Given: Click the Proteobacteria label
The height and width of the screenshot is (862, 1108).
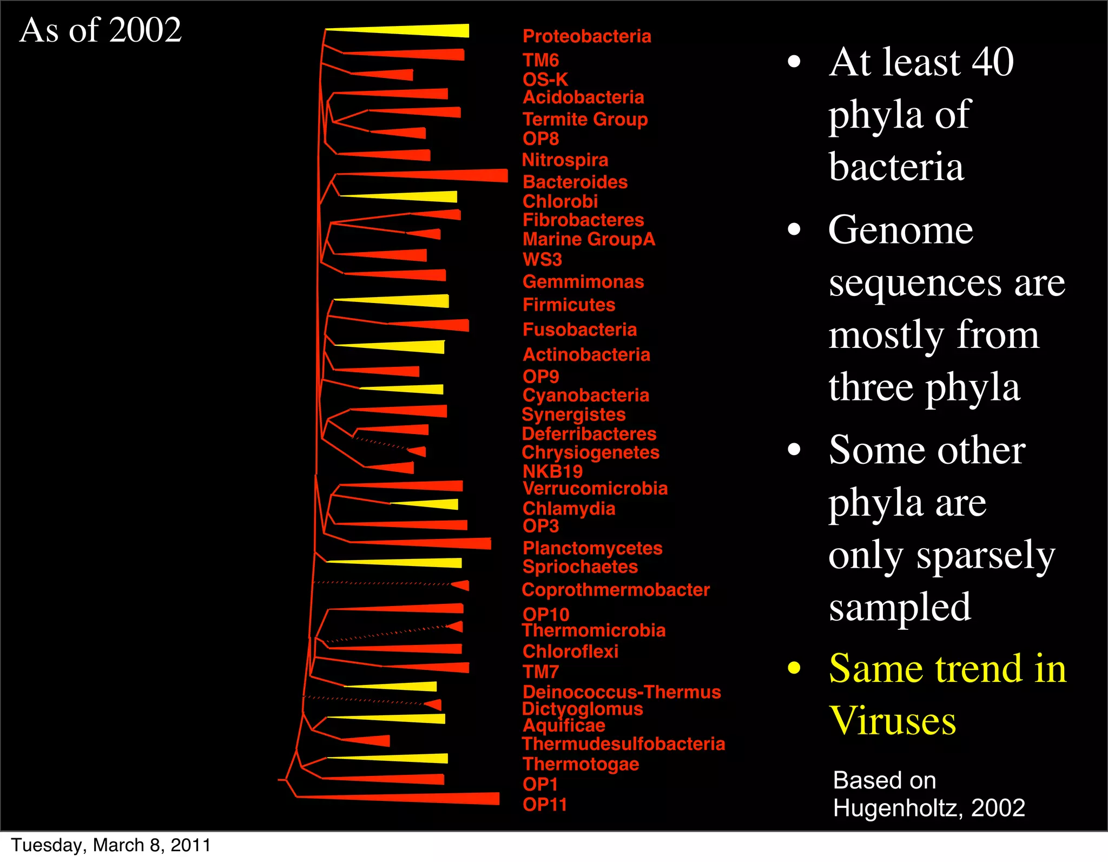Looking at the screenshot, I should click(x=586, y=36).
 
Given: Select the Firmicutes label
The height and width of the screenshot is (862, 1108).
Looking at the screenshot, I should click(x=569, y=305).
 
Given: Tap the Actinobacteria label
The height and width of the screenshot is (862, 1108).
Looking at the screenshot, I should click(x=586, y=354).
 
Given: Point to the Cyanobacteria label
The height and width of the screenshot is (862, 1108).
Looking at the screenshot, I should click(x=585, y=395).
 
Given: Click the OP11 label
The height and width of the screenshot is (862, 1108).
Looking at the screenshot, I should click(x=544, y=805).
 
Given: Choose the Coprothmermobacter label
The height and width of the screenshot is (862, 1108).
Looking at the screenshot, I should click(x=615, y=590).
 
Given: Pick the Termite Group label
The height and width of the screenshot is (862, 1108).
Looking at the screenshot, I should click(x=585, y=119).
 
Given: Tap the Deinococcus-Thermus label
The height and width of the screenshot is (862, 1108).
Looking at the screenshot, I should click(x=622, y=692).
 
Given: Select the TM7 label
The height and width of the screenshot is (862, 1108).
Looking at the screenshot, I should click(x=540, y=672).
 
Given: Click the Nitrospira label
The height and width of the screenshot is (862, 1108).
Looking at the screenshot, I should click(x=565, y=160).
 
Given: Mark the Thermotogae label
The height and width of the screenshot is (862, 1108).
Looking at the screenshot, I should click(x=581, y=764).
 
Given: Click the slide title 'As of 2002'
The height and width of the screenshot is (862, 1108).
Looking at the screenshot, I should click(x=101, y=30).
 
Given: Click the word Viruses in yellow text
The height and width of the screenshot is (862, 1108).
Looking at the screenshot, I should click(x=893, y=721).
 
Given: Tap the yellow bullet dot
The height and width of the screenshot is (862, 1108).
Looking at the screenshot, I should click(x=794, y=668).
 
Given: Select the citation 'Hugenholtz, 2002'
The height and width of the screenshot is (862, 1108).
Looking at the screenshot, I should click(x=929, y=808).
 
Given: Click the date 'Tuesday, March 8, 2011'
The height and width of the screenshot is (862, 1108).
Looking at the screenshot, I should click(x=111, y=845).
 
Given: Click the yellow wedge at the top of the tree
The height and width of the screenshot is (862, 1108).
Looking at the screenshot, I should click(x=422, y=31).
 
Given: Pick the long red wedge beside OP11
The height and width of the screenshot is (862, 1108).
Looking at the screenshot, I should click(x=422, y=798).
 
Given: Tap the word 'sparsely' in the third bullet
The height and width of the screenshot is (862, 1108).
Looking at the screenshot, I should click(x=985, y=556).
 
